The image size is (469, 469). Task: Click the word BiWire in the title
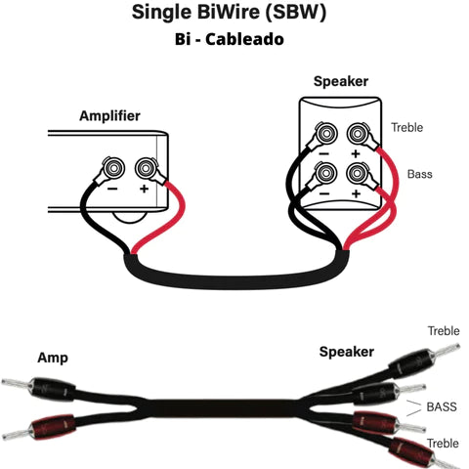236,13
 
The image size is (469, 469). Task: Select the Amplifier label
108,116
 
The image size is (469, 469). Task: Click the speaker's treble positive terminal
357,131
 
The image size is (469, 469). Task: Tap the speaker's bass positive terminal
357,174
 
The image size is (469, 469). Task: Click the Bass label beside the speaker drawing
418,174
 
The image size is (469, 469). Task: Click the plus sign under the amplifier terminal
144,187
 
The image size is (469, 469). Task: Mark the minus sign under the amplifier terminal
114,187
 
